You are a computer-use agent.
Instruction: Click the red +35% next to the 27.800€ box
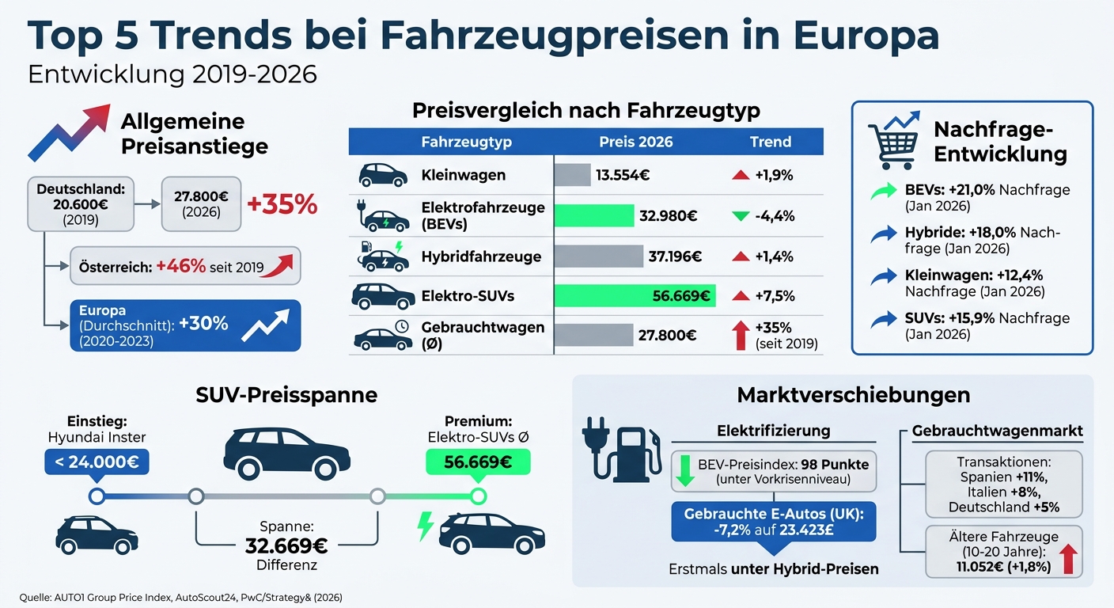pyautogui.click(x=282, y=204)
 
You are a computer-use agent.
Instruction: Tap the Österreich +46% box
pyautogui.click(x=185, y=266)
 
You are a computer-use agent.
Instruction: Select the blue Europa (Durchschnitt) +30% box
pyautogui.click(x=185, y=325)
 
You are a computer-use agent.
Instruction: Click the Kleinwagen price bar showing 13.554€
pyautogui.click(x=572, y=175)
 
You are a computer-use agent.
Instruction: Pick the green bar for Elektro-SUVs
pyautogui.click(x=635, y=296)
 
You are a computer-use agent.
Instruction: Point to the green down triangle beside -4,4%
pyautogui.click(x=741, y=216)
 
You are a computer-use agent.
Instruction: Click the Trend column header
pyautogui.click(x=770, y=142)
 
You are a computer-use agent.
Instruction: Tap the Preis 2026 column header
pyautogui.click(x=635, y=142)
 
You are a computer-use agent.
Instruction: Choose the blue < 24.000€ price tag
pyautogui.click(x=97, y=462)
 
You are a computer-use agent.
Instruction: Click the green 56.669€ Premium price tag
pyautogui.click(x=477, y=462)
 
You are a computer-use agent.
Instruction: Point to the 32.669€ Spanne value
pyautogui.click(x=286, y=545)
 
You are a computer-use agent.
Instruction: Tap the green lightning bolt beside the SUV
pyautogui.click(x=426, y=526)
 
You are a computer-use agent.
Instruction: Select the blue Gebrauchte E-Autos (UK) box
pyautogui.click(x=773, y=521)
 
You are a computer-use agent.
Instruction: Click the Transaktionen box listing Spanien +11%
pyautogui.click(x=1003, y=484)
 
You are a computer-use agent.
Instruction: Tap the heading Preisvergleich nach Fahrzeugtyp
pyautogui.click(x=585, y=110)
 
